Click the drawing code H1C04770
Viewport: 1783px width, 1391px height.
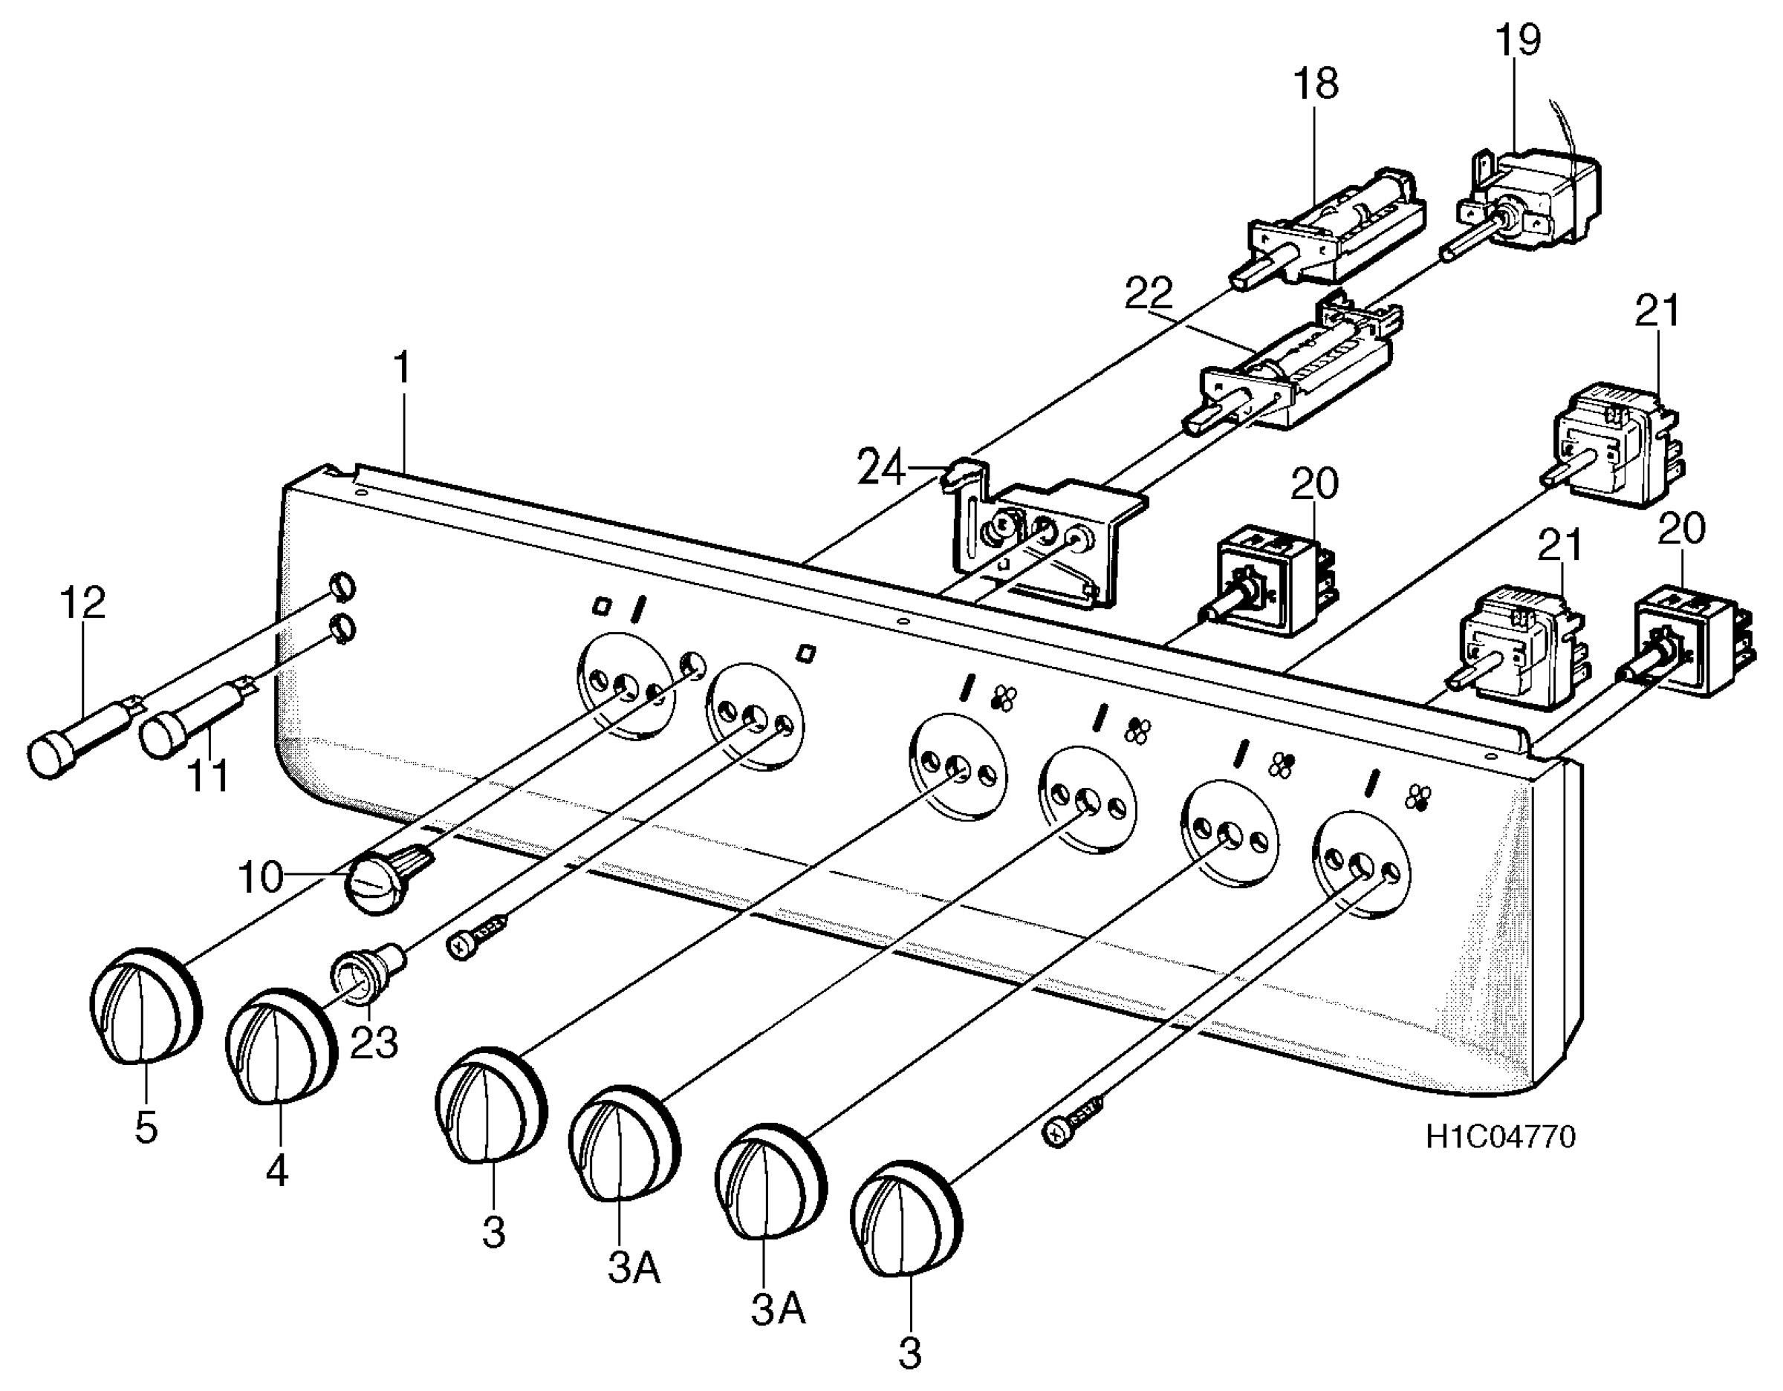pyautogui.click(x=1501, y=1137)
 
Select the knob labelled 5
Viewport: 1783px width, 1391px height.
pyautogui.click(x=146, y=1006)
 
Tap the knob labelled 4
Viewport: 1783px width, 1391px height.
pyautogui.click(x=281, y=1047)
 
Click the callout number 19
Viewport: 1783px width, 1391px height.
pyautogui.click(x=1518, y=40)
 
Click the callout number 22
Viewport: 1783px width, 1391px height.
pyautogui.click(x=1149, y=294)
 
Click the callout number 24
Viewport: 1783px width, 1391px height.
pyautogui.click(x=882, y=469)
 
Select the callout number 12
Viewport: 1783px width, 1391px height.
pyautogui.click(x=82, y=603)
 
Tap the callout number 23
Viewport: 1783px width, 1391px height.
pyautogui.click(x=374, y=1042)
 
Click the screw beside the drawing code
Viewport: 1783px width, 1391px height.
pyautogui.click(x=1074, y=1121)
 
